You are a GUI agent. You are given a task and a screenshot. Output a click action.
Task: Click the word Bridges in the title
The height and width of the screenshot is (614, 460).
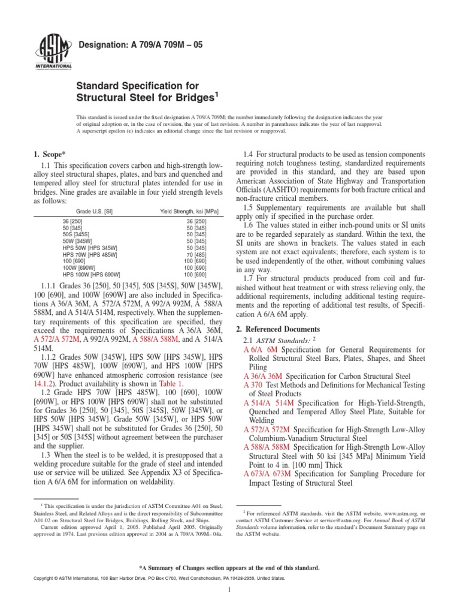pos(187,97)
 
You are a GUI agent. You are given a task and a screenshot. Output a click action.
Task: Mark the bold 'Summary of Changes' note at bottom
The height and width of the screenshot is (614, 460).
pos(229,567)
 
